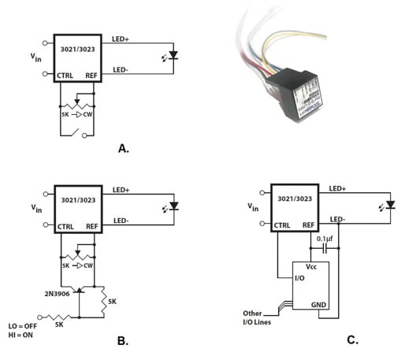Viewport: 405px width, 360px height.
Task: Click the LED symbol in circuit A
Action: (173, 56)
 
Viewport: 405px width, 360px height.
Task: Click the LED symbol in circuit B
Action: (173, 207)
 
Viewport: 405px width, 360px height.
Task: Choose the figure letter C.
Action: (352, 341)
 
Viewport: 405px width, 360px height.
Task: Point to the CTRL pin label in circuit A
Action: (67, 76)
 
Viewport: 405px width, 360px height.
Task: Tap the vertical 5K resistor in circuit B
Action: (105, 297)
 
